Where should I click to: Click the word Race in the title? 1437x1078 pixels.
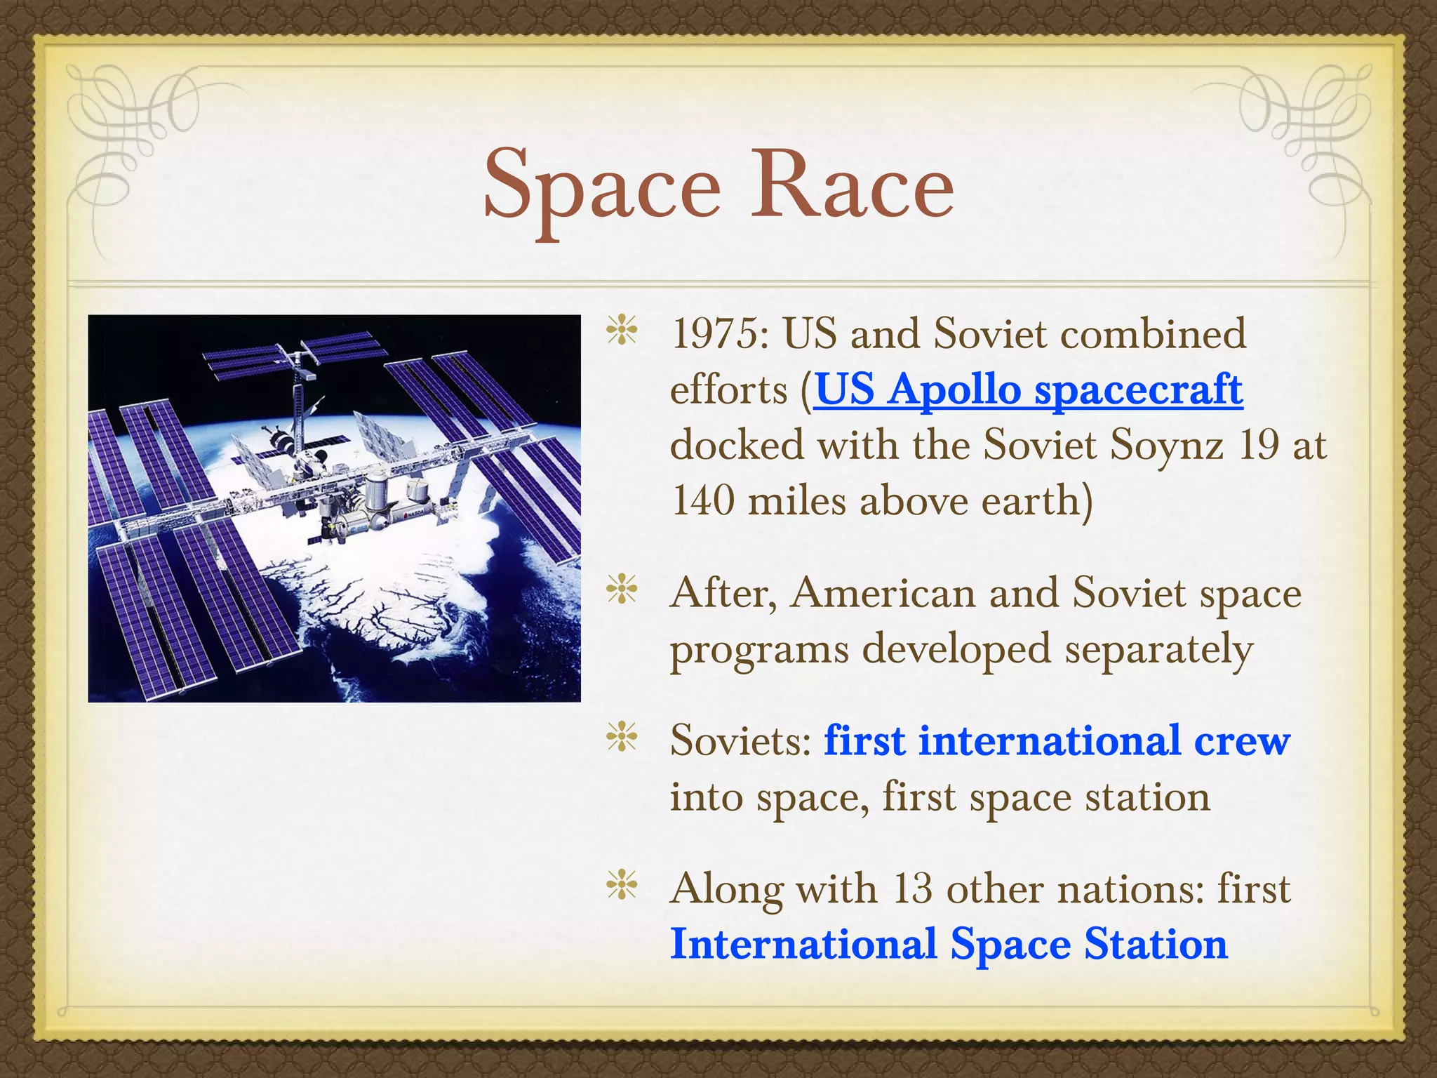coord(852,185)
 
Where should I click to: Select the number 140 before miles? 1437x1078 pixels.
coord(702,501)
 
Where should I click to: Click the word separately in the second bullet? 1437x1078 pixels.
coord(1158,649)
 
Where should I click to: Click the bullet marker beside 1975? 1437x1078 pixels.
coord(622,331)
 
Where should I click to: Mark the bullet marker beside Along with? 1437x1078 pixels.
coord(622,886)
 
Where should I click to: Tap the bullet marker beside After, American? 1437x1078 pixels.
coord(622,590)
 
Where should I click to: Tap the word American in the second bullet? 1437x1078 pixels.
coord(883,593)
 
